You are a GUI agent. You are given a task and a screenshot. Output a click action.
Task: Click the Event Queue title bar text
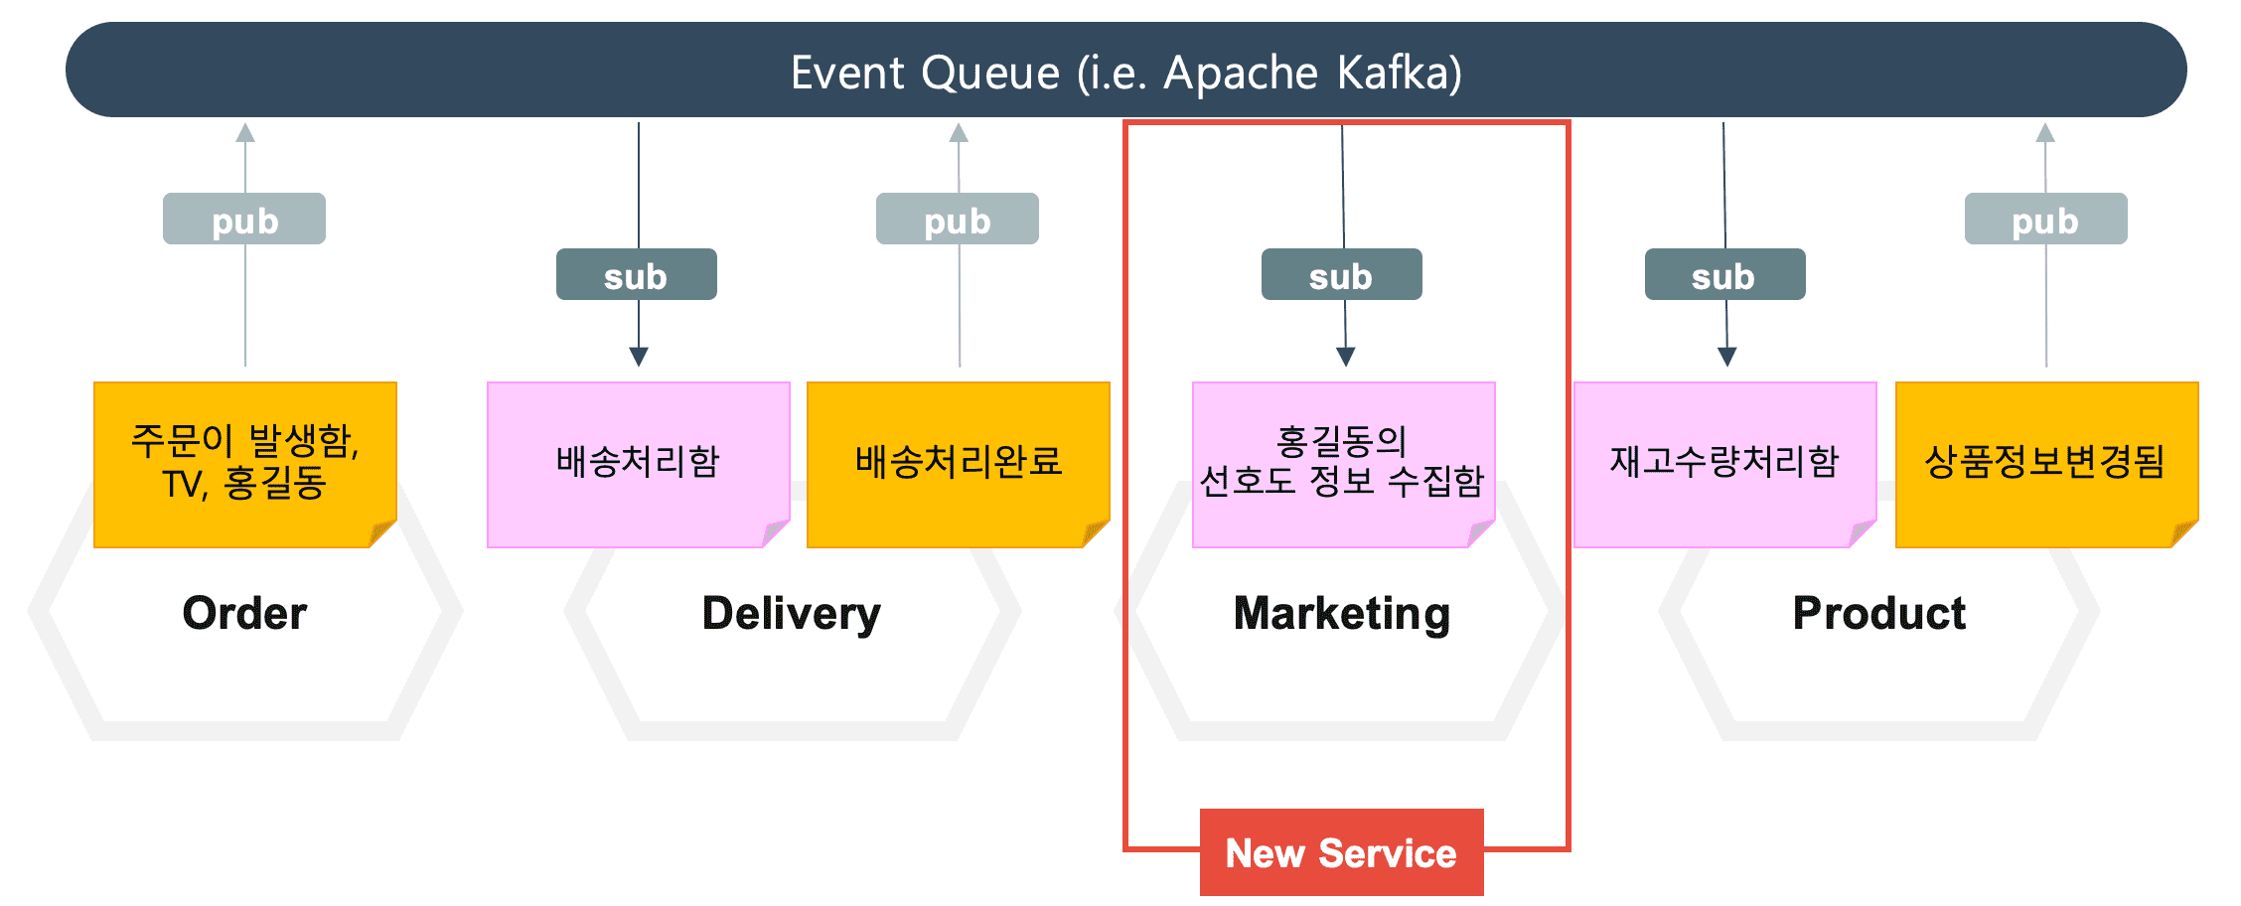[1126, 73]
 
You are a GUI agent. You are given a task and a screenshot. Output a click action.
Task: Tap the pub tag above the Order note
[244, 219]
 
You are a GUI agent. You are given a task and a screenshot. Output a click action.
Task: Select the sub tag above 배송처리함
[637, 274]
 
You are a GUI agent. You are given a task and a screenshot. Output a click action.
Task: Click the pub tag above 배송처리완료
[958, 219]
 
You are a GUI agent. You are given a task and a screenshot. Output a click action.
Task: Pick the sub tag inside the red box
[1342, 274]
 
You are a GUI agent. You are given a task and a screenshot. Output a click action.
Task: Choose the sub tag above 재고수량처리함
[1725, 274]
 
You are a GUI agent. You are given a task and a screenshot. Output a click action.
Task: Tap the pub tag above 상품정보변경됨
[2046, 219]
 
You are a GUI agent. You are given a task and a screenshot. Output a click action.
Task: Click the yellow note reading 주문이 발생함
[245, 465]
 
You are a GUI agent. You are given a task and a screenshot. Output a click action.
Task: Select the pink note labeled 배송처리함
[639, 465]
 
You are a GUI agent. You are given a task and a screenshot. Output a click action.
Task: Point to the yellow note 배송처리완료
[959, 465]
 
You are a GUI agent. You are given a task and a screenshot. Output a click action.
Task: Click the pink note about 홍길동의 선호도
[1344, 465]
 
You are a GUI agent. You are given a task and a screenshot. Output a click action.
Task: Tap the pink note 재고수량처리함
[1725, 465]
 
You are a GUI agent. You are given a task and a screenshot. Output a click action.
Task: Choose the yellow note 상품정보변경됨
[2047, 465]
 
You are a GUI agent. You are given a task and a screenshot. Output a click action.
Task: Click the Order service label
[245, 613]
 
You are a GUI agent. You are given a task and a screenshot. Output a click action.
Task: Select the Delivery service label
[792, 614]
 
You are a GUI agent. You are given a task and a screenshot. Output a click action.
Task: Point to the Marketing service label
[1342, 614]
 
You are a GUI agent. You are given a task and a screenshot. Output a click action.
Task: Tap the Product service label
[1879, 613]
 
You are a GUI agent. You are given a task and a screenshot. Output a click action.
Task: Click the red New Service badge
[1342, 852]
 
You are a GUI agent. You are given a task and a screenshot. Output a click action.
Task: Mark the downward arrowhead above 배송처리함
[639, 357]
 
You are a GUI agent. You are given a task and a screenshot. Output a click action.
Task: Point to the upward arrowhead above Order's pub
[245, 132]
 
